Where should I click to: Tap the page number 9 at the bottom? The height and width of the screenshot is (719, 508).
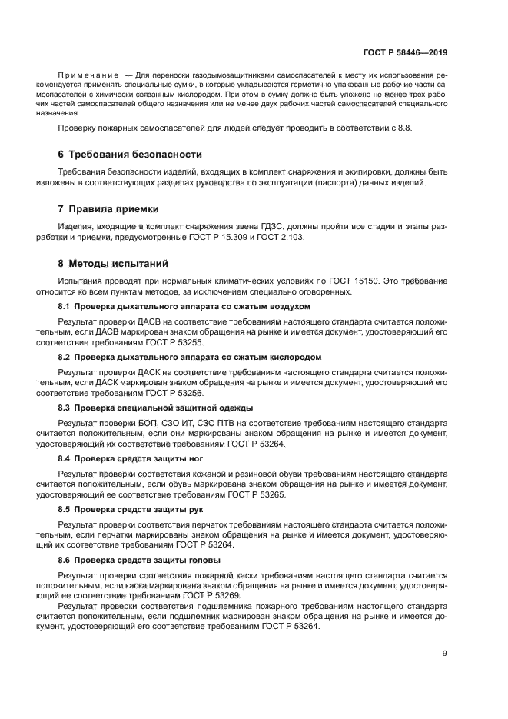pos(444,654)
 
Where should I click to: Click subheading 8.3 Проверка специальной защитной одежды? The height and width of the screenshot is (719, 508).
pos(156,408)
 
